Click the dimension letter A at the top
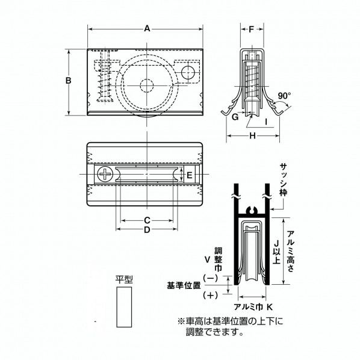[147, 29]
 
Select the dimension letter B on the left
[69, 81]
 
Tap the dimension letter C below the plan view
[147, 220]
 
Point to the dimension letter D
[147, 229]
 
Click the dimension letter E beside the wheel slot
[190, 175]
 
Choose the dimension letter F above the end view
[252, 29]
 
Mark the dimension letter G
[235, 117]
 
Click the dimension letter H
[253, 135]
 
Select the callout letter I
[266, 122]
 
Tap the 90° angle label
[284, 96]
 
